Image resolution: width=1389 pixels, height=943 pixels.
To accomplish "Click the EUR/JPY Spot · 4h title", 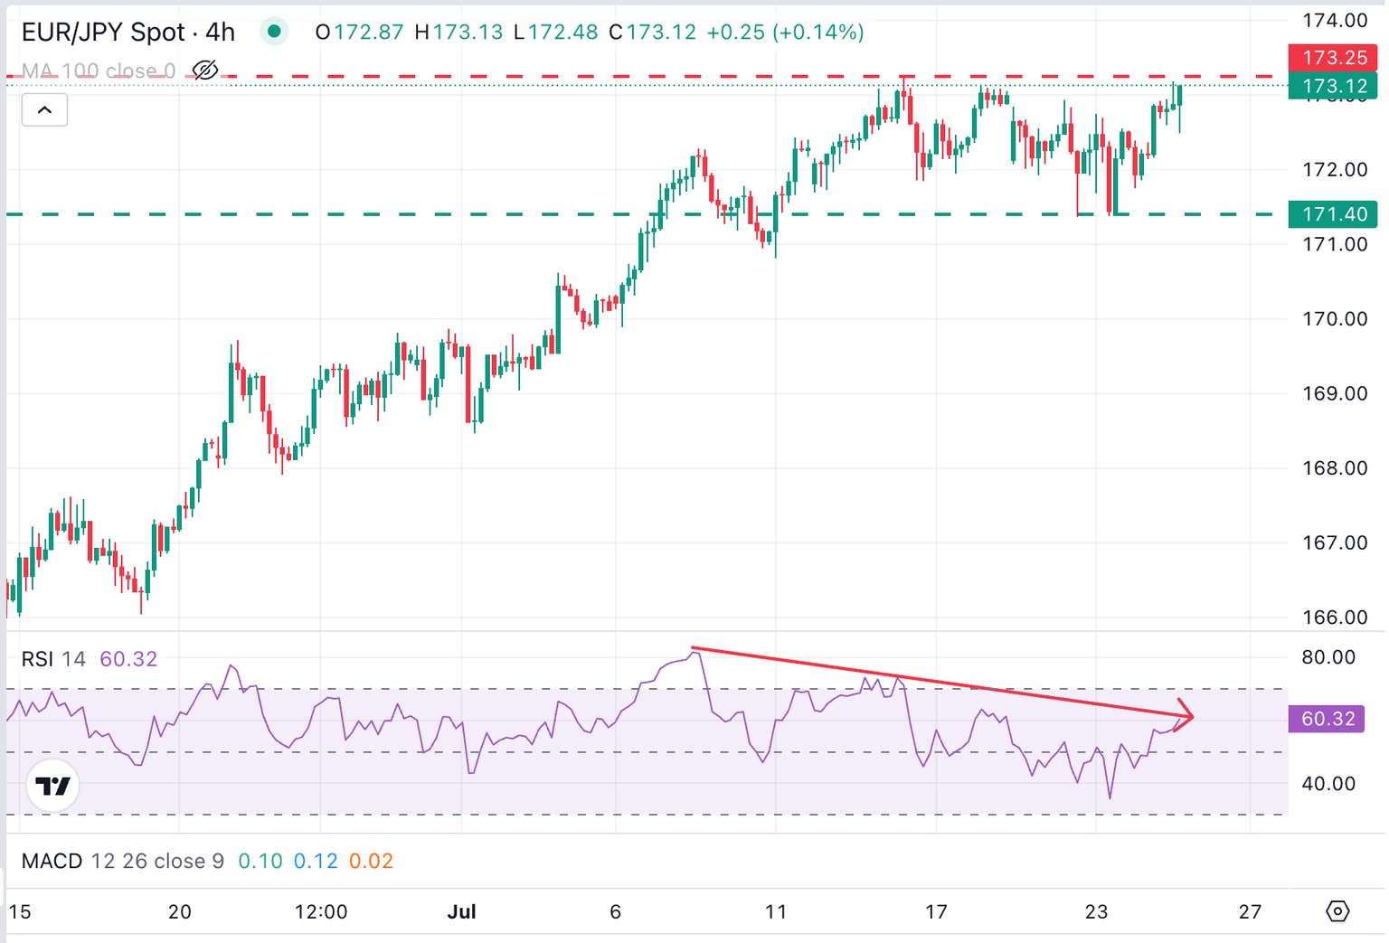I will (x=128, y=33).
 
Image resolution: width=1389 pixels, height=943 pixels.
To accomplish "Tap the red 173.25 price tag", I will (x=1333, y=58).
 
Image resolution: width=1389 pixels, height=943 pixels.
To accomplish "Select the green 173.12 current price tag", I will (x=1333, y=86).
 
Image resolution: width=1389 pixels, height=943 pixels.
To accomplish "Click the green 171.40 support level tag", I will (x=1333, y=214).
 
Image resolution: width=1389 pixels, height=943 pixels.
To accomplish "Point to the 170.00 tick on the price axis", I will (x=1335, y=318).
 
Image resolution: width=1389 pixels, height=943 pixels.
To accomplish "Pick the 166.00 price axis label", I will (x=1335, y=618).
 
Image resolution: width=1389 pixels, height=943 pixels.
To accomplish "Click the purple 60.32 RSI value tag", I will (x=1327, y=719).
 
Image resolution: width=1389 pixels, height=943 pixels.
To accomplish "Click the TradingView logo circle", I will (x=52, y=786).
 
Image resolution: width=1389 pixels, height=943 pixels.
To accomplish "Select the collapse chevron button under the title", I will (x=44, y=110).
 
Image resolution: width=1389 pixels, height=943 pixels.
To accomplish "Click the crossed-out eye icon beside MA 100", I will (x=205, y=71).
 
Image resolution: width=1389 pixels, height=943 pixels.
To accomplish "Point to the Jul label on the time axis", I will (x=461, y=911).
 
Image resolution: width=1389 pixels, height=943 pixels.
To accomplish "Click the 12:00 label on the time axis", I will (x=321, y=911).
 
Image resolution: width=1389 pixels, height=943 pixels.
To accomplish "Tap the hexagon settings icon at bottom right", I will (x=1337, y=911).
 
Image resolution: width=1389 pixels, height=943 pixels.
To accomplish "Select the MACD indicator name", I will (x=52, y=861).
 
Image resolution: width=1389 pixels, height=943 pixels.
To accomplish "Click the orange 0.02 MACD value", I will (x=371, y=861).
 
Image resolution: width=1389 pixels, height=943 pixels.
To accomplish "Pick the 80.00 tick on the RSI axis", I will (x=1328, y=657).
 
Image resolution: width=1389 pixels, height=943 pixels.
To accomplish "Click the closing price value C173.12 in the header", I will (x=652, y=33).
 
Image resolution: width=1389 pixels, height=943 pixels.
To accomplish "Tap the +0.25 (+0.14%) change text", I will (x=785, y=33).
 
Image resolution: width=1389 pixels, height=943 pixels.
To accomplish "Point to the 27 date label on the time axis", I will (x=1250, y=911).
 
